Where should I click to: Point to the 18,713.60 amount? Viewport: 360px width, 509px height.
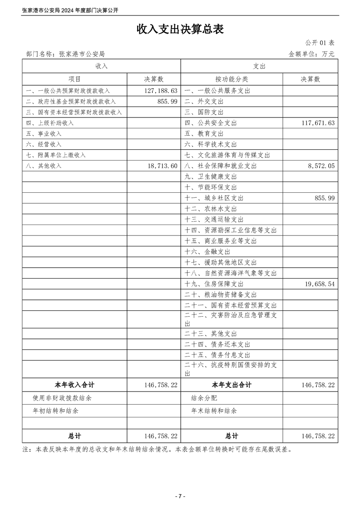click(162, 166)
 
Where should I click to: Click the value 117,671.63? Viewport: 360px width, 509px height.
click(318, 123)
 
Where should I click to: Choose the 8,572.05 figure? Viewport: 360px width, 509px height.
click(321, 166)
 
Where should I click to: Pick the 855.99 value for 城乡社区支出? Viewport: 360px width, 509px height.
click(325, 198)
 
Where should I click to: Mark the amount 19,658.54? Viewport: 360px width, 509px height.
click(318, 284)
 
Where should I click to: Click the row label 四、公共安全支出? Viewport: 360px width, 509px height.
click(211, 123)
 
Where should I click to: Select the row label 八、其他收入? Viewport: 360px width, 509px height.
click(44, 166)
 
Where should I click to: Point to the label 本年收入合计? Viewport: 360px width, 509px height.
click(74, 385)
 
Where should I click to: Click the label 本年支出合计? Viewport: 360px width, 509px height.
click(232, 385)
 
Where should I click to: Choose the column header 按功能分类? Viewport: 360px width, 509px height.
click(232, 79)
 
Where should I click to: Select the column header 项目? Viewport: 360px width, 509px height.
click(74, 79)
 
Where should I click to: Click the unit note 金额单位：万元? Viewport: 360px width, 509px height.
click(311, 54)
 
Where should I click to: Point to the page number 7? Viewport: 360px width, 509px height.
click(180, 496)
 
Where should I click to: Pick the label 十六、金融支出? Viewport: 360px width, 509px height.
click(207, 251)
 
